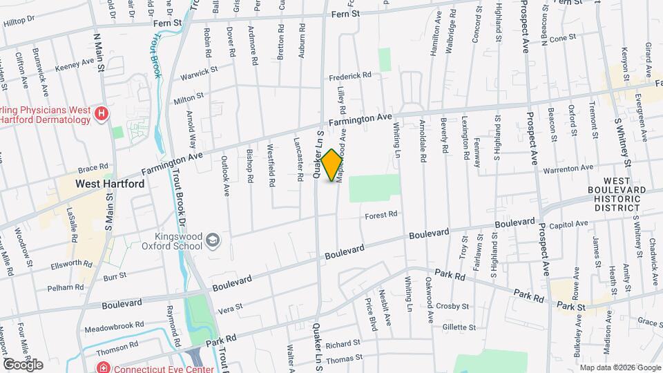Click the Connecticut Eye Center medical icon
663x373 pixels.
pos(103,367)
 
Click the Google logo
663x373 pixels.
pos(22,365)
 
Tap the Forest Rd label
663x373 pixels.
pos(382,215)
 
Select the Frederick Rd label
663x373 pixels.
pos(350,75)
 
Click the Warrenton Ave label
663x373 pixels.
pos(568,168)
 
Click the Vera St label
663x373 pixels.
pos(231,307)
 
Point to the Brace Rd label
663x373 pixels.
pos(93,167)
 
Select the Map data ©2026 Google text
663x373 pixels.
pos(619,367)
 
